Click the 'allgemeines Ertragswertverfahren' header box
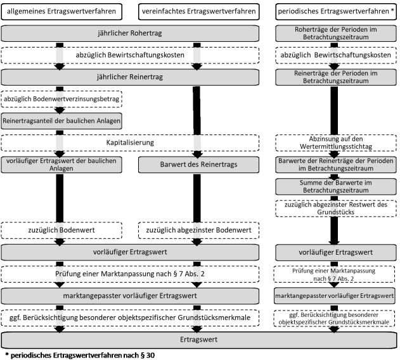[x=61, y=11]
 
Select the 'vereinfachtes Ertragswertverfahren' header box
[x=198, y=11]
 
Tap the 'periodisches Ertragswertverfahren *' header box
[x=336, y=11]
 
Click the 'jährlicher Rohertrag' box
[x=130, y=33]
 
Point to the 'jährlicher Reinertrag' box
[x=130, y=77]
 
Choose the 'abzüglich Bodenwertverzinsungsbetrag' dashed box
[x=61, y=99]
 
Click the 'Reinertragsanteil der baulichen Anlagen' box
[x=61, y=121]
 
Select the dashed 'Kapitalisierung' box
[x=130, y=143]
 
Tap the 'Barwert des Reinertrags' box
[x=198, y=165]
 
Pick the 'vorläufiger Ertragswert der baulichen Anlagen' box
[x=61, y=165]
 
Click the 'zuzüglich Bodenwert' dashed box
[x=61, y=231]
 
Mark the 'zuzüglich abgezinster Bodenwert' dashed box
[x=198, y=231]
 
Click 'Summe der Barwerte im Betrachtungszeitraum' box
[x=336, y=187]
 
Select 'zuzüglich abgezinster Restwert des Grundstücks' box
[x=336, y=209]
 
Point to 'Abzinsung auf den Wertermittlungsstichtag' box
[x=336, y=143]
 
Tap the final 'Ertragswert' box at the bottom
[x=199, y=340]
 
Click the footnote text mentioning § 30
[x=80, y=356]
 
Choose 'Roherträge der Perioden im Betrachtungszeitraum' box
[x=336, y=33]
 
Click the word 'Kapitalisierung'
[x=130, y=143]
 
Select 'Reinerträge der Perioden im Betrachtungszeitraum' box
[x=336, y=77]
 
